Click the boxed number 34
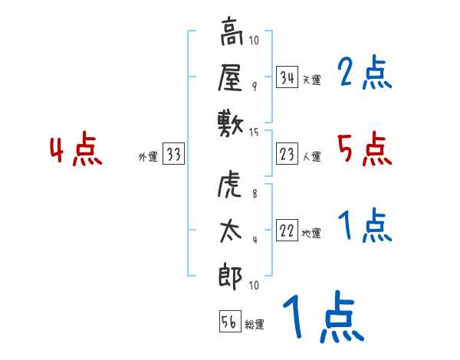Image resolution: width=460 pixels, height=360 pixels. click(287, 77)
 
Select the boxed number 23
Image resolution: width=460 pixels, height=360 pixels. click(287, 155)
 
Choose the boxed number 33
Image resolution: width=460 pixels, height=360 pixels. click(172, 155)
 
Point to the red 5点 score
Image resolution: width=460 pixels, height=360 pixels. click(365, 149)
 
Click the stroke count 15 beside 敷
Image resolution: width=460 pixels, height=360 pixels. click(255, 133)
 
